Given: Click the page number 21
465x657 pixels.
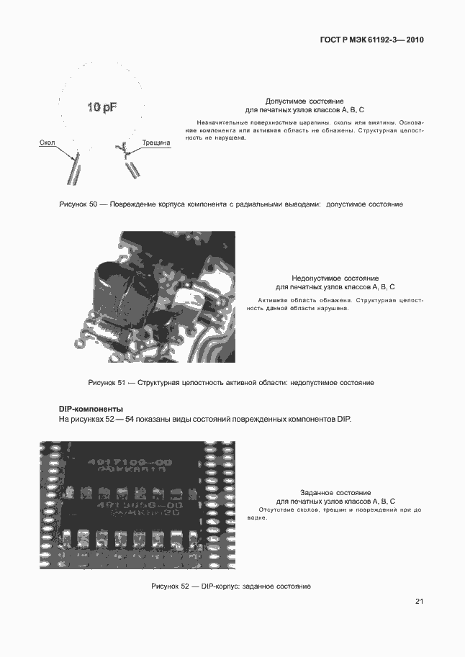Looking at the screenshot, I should pos(419,602).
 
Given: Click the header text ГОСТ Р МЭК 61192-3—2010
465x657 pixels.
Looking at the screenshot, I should pos(371,40).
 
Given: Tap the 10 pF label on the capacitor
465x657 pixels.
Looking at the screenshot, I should pos(102,107).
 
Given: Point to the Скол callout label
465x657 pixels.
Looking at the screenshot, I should pos(48,143).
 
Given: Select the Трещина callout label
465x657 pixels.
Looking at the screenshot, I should pos(156,143).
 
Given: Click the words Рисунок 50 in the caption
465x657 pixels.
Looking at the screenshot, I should pos(78,204).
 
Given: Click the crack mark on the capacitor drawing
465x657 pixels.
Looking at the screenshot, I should pos(122,149).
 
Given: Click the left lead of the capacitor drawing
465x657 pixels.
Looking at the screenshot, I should pos(73,170).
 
